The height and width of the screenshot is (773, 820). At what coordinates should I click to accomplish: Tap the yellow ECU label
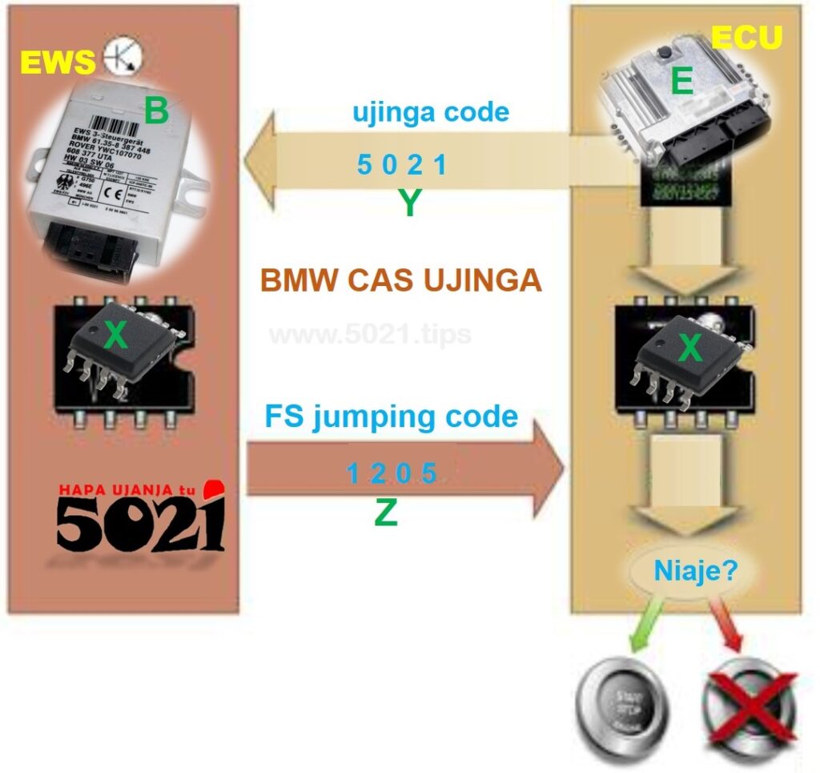[746, 38]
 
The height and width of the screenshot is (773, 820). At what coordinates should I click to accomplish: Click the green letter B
[156, 111]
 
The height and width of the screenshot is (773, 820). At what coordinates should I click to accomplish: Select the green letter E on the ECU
[682, 83]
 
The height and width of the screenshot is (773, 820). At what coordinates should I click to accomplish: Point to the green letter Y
[409, 204]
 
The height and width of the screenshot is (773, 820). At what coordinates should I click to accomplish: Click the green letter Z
[386, 513]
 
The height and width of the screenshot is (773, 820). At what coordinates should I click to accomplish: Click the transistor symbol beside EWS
[123, 55]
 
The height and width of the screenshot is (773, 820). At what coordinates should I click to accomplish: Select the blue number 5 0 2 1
[401, 166]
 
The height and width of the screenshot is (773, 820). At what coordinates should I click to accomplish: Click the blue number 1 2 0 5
[392, 474]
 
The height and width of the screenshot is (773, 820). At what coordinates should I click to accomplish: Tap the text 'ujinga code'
[431, 112]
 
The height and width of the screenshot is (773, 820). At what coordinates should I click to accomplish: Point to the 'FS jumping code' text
[392, 417]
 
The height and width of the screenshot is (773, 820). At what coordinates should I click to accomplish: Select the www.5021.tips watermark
[370, 333]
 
